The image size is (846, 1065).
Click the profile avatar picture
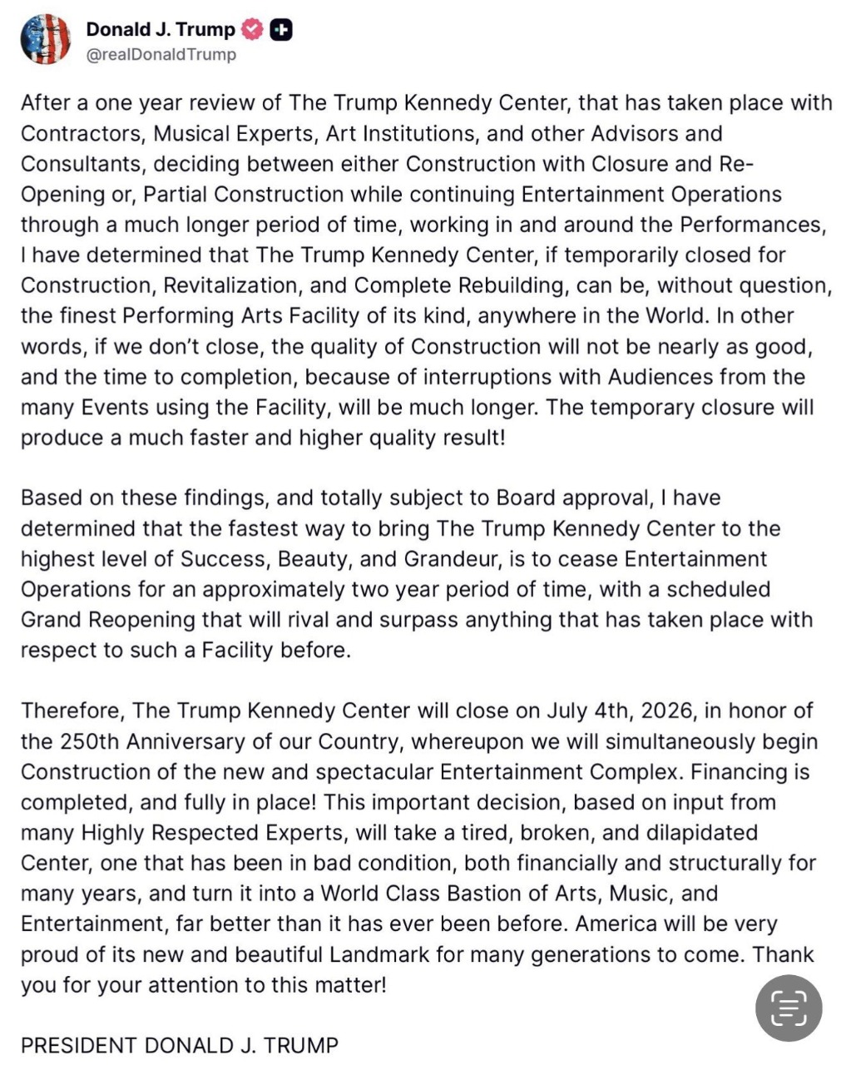[45, 39]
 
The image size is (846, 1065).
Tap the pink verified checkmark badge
[252, 30]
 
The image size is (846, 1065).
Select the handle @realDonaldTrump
[161, 55]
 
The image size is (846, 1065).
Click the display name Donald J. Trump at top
[161, 30]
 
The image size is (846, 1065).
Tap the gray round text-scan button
[788, 1008]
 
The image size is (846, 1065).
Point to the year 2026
[672, 711]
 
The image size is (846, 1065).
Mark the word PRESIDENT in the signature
[78, 1045]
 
